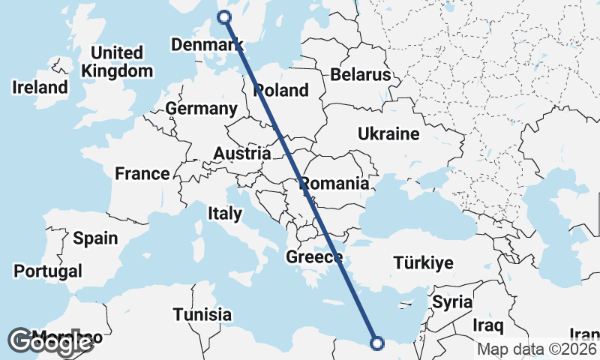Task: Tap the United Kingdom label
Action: pos(117,62)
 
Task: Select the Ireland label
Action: pos(40,88)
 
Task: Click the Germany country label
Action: pos(201,109)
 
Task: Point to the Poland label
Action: pos(281,91)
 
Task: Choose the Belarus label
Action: pos(361,75)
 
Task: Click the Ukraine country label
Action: pos(388,134)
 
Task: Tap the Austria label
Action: pos(241,154)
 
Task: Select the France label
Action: pos(142,174)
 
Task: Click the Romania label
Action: pos(334,184)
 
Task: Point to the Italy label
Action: pos(225,214)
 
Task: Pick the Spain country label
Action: pos(95,238)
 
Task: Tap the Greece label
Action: pos(314,258)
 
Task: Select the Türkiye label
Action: pos(424,263)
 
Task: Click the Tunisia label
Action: pos(202,314)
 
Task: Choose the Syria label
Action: pos(452,302)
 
